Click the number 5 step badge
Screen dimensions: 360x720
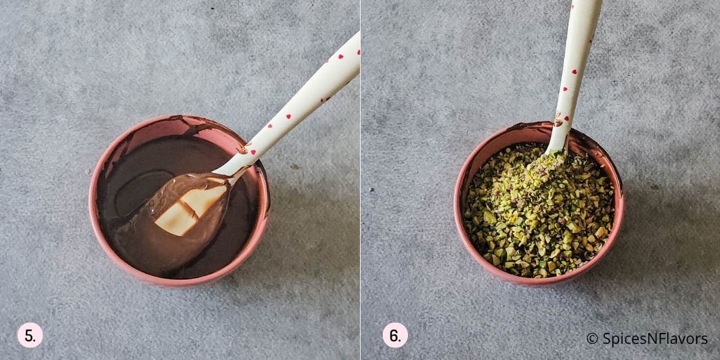point(30,335)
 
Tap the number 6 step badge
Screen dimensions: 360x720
point(395,335)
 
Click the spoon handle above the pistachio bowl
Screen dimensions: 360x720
point(576,60)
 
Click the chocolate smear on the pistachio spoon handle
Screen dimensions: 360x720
point(559,120)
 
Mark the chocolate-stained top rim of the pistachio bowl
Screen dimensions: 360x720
point(510,129)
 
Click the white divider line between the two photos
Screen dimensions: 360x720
point(360,180)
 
